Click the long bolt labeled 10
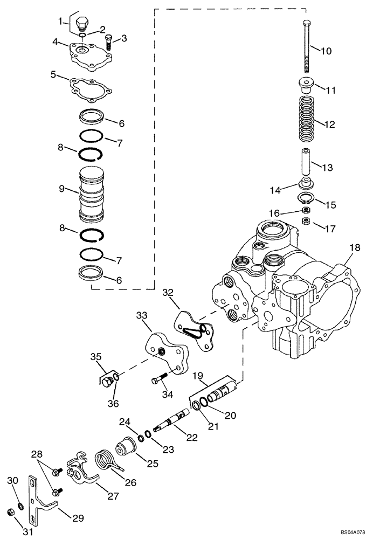[x=307, y=49]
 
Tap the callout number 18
[x=354, y=247]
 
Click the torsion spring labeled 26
[x=105, y=462]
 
